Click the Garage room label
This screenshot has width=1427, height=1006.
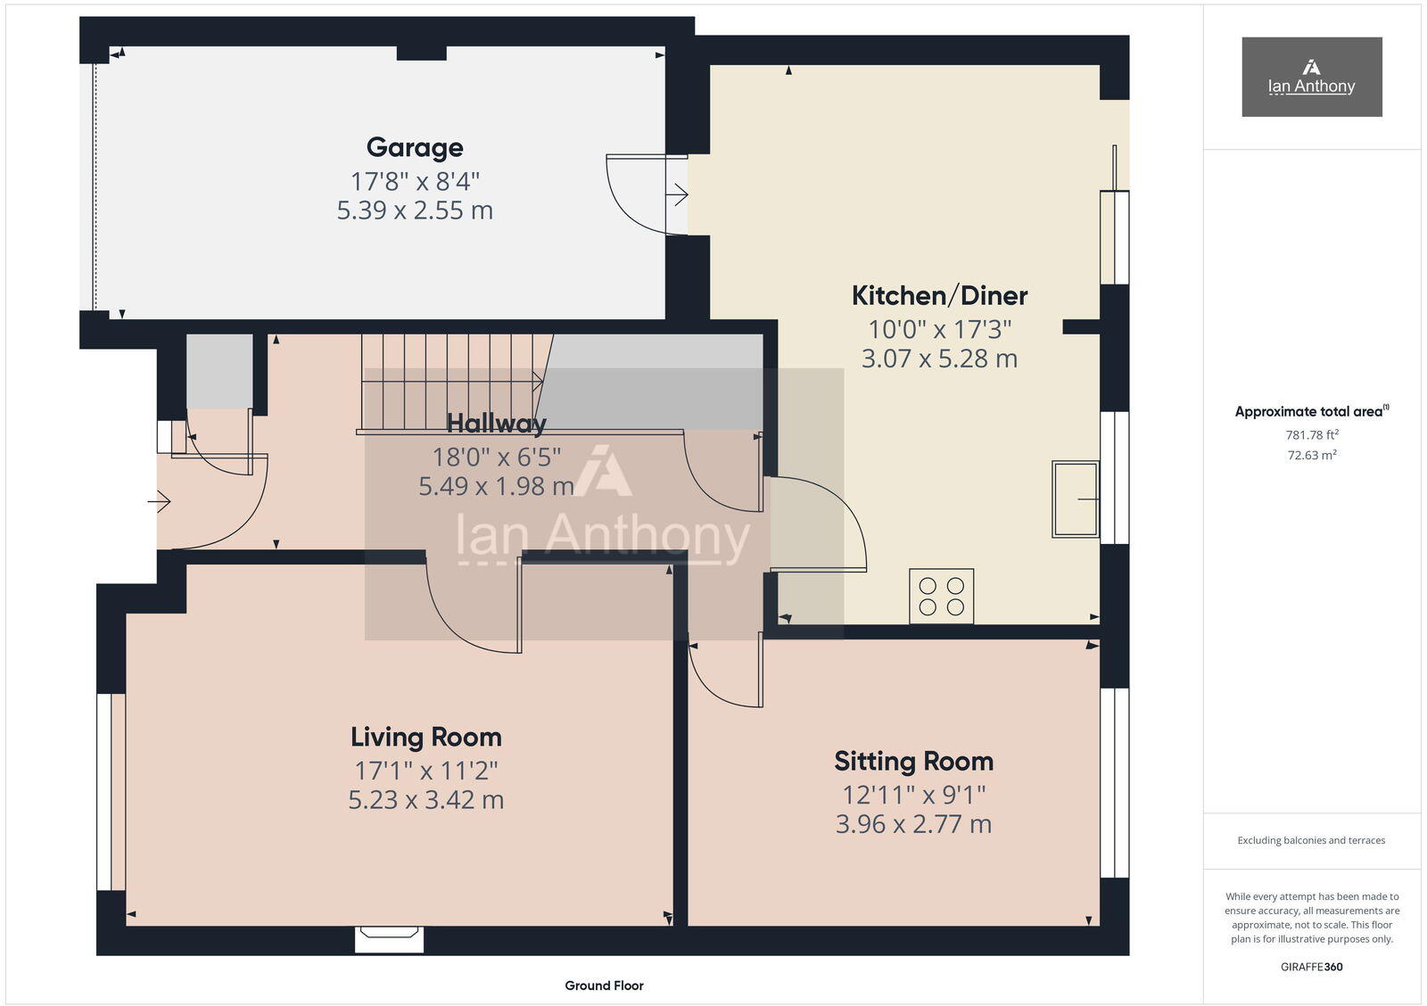click(415, 147)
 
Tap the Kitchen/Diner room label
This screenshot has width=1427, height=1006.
click(939, 295)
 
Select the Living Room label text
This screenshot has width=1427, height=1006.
click(425, 737)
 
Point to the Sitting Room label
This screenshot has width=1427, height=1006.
click(913, 761)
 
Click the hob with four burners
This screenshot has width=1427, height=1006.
click(942, 597)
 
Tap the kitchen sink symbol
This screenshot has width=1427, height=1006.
click(1076, 499)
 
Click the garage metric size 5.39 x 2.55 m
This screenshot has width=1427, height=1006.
click(415, 210)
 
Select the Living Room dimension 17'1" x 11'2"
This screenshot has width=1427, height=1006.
click(425, 770)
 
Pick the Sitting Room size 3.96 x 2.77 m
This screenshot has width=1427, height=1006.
click(913, 824)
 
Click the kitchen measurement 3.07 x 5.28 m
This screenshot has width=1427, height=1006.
click(939, 359)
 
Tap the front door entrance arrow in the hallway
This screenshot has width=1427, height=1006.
click(160, 503)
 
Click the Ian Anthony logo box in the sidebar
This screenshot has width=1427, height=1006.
click(1311, 77)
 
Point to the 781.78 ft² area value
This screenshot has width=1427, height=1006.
click(1311, 435)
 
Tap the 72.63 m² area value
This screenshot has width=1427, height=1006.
click(1311, 455)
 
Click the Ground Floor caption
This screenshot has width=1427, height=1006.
click(604, 985)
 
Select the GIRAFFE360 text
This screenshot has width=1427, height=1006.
click(1311, 967)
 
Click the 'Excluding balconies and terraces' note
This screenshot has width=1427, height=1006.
click(1311, 840)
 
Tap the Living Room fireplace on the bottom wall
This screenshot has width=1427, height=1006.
click(389, 938)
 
